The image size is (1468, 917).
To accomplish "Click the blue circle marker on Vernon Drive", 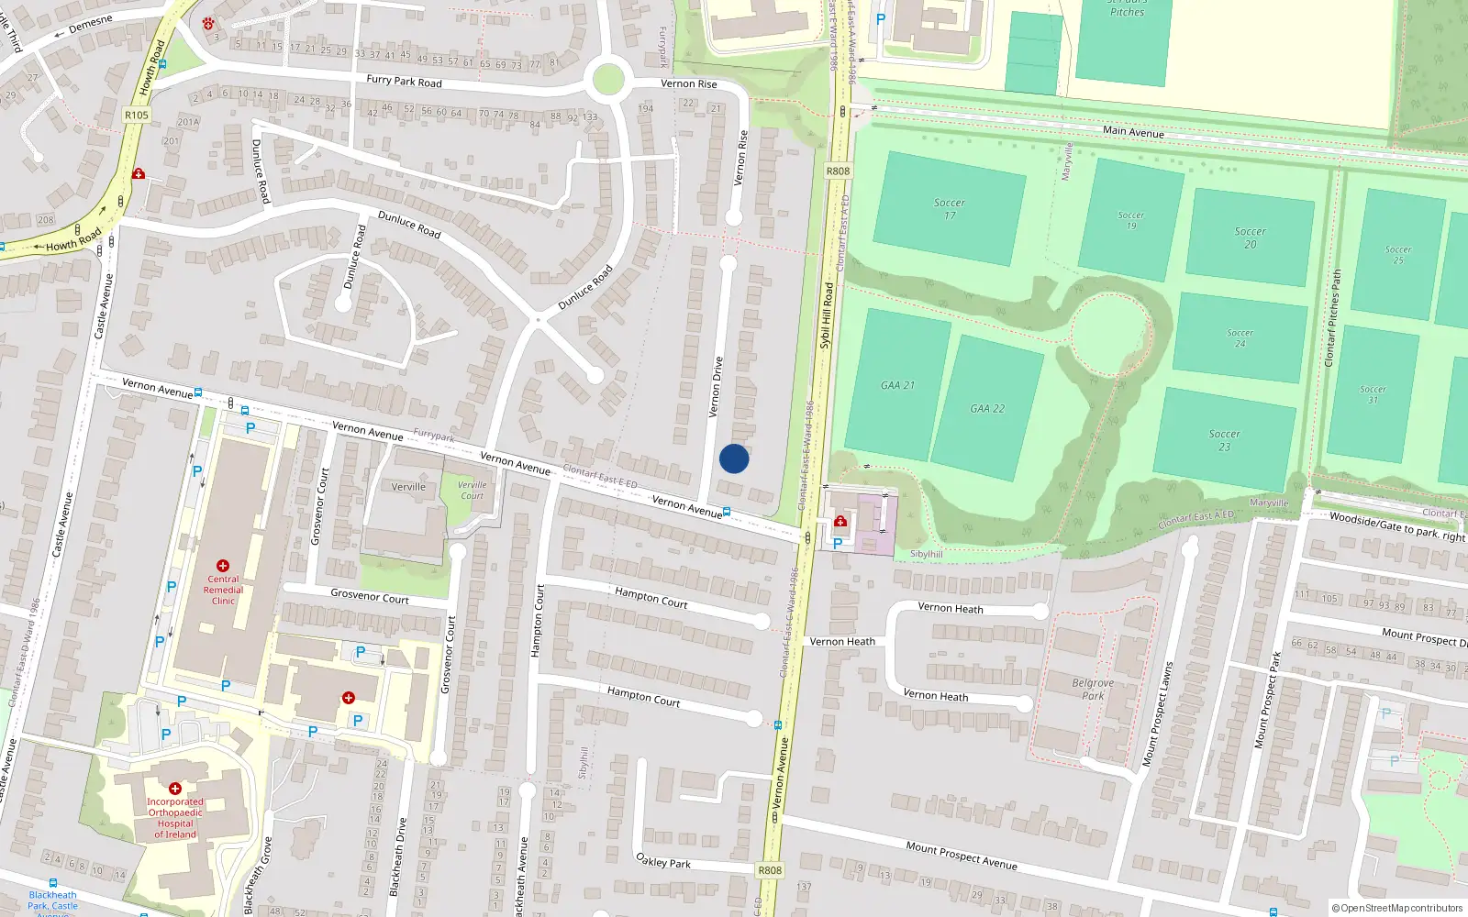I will [x=734, y=458].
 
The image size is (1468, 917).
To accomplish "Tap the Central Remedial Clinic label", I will [x=223, y=590].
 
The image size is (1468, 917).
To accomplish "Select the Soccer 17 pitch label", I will [x=950, y=209].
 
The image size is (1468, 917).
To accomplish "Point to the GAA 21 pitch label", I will [x=897, y=385].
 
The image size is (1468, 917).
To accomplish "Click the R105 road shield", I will [x=137, y=115].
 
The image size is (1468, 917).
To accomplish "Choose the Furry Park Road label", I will [x=404, y=81].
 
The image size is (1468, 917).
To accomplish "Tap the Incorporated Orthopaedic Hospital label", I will [x=174, y=817].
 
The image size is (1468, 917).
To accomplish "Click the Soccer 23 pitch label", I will [x=1224, y=440].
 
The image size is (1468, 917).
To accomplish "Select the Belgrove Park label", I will [x=1093, y=689].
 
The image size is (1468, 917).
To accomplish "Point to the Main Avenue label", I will [x=1133, y=132].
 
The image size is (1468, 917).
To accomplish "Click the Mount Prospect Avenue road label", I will [x=961, y=856].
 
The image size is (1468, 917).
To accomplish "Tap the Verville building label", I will [x=408, y=487].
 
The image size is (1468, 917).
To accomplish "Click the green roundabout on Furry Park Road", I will [x=608, y=80].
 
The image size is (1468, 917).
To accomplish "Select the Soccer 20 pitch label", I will [x=1250, y=238].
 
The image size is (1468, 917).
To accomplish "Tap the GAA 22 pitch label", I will [x=987, y=408].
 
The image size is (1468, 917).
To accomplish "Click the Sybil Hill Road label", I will [x=827, y=315].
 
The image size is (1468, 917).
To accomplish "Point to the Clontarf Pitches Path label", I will [x=1333, y=317].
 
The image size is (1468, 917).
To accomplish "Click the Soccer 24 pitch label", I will [x=1240, y=338].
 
